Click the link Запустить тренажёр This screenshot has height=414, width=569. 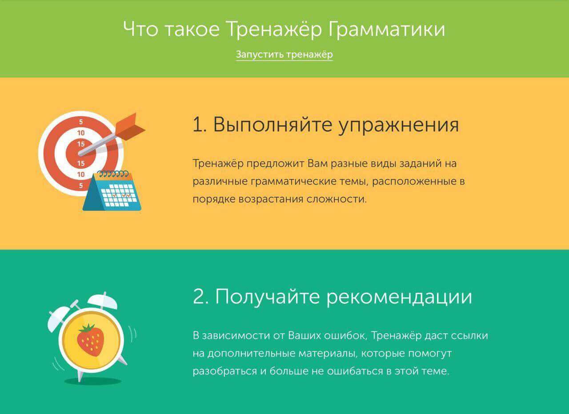pos(284,55)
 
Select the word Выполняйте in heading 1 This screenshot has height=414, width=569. pos(272,125)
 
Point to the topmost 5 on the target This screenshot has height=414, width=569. pos(81,122)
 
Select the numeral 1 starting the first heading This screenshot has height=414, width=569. pos(197,125)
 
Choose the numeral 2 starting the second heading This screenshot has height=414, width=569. pos(198,297)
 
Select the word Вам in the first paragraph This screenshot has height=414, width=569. pos(317,163)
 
